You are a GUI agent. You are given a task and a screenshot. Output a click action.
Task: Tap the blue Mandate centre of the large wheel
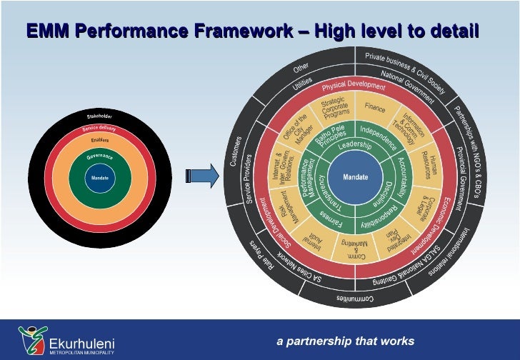click(356, 177)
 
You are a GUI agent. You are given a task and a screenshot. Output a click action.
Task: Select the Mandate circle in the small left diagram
click(99, 177)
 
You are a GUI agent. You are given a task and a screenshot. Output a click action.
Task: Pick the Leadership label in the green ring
click(355, 145)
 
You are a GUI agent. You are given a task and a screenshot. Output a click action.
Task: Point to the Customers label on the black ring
click(235, 152)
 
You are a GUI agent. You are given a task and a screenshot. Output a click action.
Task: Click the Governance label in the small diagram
click(99, 156)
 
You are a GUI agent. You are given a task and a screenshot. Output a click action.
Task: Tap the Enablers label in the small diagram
click(99, 139)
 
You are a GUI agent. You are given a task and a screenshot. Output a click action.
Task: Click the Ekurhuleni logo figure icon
click(31, 339)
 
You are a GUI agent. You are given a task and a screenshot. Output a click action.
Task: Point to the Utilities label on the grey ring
click(303, 86)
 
